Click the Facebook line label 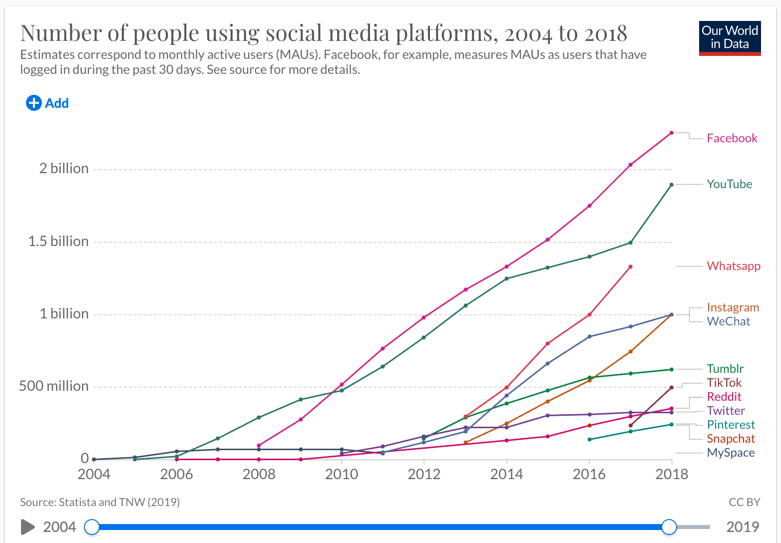pyautogui.click(x=732, y=138)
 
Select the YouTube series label pyautogui.click(x=729, y=184)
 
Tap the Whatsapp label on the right pyautogui.click(x=733, y=266)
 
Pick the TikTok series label pyautogui.click(x=724, y=383)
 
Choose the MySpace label pyautogui.click(x=731, y=453)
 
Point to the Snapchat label pyautogui.click(x=731, y=439)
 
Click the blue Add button pyautogui.click(x=47, y=103)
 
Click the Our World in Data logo pyautogui.click(x=730, y=38)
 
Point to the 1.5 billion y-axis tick pyautogui.click(x=58, y=242)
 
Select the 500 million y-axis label pyautogui.click(x=54, y=386)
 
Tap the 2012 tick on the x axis pyautogui.click(x=424, y=474)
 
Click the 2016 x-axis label pyautogui.click(x=589, y=474)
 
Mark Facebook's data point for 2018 pyautogui.click(x=671, y=133)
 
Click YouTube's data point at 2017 pyautogui.click(x=630, y=243)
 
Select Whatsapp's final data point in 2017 pyautogui.click(x=630, y=267)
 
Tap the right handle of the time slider pyautogui.click(x=669, y=527)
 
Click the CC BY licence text pyautogui.click(x=744, y=502)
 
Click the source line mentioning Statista pyautogui.click(x=100, y=502)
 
